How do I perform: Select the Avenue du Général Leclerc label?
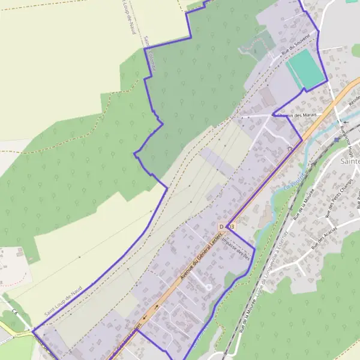tap(197, 258)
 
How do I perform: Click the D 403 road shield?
tap(226, 226)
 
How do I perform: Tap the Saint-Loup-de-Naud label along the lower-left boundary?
tap(63, 300)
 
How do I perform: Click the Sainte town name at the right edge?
tap(349, 161)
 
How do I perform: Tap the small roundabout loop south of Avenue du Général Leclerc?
tap(209, 287)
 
